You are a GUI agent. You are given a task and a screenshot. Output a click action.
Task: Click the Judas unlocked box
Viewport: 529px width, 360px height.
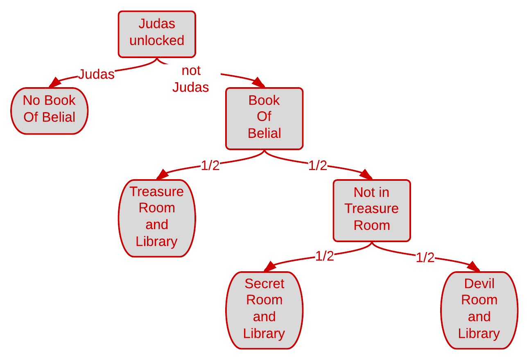[157, 34]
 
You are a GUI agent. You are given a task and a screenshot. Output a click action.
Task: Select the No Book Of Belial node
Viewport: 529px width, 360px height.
[50, 111]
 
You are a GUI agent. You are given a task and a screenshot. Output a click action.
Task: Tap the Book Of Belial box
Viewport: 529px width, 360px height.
[264, 119]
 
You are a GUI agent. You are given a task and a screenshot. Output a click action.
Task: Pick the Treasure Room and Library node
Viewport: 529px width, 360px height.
[157, 218]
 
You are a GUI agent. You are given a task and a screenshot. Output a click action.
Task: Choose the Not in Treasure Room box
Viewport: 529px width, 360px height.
[372, 211]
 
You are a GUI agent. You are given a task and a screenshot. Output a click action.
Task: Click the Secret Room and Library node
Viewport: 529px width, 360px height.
[264, 310]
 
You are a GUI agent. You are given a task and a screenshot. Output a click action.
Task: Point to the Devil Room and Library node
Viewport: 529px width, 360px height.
[479, 310]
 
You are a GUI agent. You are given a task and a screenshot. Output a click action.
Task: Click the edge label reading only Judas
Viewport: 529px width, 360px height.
[96, 74]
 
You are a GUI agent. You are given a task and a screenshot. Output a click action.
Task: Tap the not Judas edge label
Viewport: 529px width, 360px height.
[191, 79]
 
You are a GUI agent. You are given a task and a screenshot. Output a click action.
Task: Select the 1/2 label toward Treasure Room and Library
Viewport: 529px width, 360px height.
[210, 165]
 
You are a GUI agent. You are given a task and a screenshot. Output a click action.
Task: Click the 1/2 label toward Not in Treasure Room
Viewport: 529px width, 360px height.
[318, 165]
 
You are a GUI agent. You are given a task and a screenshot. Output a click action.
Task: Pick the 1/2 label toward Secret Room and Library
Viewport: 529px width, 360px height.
[325, 256]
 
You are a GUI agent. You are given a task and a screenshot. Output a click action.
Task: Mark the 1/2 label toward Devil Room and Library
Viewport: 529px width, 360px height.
[425, 257]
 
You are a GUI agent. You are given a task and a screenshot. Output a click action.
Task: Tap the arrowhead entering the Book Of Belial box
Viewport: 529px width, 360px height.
[259, 83]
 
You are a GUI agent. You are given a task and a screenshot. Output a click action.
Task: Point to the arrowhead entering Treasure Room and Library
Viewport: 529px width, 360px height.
[162, 175]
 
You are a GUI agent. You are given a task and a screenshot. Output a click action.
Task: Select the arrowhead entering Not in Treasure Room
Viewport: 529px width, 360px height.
[366, 175]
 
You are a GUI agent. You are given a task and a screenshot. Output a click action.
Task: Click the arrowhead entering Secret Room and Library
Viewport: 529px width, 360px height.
[270, 267]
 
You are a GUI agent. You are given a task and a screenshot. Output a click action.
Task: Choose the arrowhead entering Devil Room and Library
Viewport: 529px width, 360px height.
[473, 267]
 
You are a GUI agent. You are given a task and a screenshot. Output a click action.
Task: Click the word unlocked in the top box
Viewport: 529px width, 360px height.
[157, 40]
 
